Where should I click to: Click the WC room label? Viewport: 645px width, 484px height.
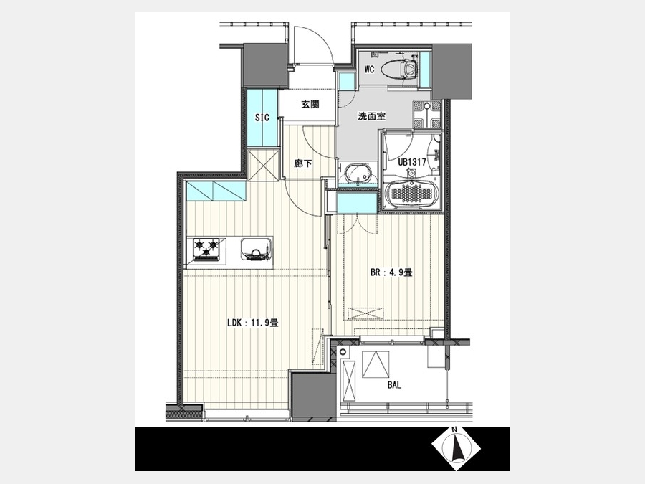click(369, 69)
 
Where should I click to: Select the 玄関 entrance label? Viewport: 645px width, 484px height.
click(310, 105)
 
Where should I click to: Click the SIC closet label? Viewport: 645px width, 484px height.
click(262, 118)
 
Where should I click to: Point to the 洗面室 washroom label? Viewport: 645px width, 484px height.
click(371, 116)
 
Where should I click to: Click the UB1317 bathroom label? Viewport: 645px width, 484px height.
click(411, 162)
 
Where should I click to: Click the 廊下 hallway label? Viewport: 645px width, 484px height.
click(302, 163)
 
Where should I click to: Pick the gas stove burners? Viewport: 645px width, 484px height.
click(206, 250)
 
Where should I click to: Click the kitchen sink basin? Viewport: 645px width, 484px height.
click(257, 250)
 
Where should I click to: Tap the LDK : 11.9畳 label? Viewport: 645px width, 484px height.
click(253, 323)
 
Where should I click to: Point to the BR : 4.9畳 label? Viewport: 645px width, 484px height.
click(391, 272)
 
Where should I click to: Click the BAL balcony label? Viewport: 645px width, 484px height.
click(394, 386)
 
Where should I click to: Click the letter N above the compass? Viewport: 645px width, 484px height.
click(454, 430)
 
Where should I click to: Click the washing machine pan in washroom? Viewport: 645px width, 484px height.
click(426, 114)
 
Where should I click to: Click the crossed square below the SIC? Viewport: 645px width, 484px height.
click(262, 165)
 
